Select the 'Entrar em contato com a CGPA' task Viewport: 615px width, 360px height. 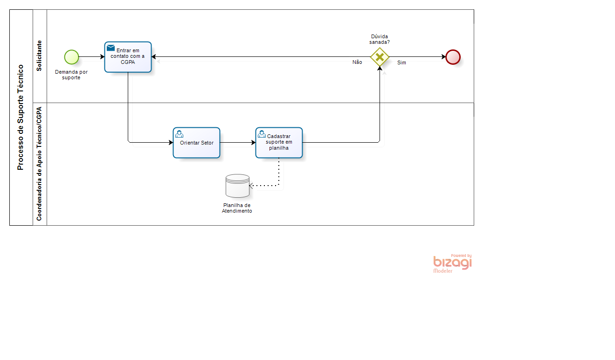click(x=128, y=57)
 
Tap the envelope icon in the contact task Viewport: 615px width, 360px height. click(x=111, y=48)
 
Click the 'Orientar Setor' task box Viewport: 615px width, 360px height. click(x=197, y=143)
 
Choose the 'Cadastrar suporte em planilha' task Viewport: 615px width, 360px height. click(x=279, y=143)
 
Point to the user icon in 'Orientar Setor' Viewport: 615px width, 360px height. click(x=180, y=134)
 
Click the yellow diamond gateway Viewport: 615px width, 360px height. click(x=380, y=57)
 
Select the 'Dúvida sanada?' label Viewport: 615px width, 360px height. click(x=380, y=39)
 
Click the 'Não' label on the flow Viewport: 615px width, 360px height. click(x=357, y=62)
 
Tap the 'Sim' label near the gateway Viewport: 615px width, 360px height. click(x=401, y=62)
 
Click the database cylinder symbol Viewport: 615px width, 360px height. click(x=237, y=186)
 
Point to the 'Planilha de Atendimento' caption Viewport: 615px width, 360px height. click(x=237, y=208)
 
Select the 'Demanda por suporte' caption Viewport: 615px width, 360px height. click(x=71, y=75)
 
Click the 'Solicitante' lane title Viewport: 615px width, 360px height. click(x=39, y=56)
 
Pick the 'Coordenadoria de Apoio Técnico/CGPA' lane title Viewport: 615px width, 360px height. click(x=39, y=164)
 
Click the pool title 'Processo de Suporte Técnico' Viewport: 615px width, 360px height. click(x=21, y=117)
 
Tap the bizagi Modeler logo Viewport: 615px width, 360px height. click(x=452, y=263)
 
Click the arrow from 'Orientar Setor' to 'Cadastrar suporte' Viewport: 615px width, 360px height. click(x=238, y=143)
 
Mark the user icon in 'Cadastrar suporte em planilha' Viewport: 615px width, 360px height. click(x=262, y=134)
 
